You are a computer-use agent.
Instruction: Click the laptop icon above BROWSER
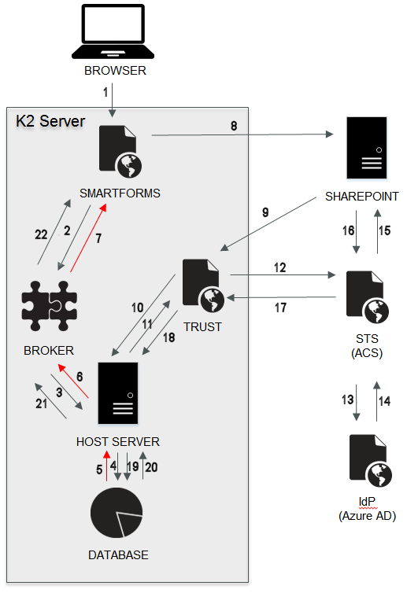pyautogui.click(x=113, y=31)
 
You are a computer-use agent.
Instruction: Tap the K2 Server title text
pyautogui.click(x=50, y=121)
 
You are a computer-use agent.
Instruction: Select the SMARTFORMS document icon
pyautogui.click(x=120, y=152)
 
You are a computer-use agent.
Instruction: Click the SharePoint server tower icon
pyautogui.click(x=367, y=148)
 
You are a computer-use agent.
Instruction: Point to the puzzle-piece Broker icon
pyautogui.click(x=50, y=306)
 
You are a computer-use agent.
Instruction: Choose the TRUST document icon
pyautogui.click(x=203, y=285)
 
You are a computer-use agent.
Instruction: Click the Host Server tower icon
pyautogui.click(x=118, y=393)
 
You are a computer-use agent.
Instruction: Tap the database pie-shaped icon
pyautogui.click(x=117, y=513)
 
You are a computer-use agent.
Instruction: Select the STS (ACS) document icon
pyautogui.click(x=368, y=296)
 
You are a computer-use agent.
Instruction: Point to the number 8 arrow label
pyautogui.click(x=234, y=126)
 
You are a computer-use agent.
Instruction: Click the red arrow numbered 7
pyautogui.click(x=88, y=238)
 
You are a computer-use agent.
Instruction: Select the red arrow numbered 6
pyautogui.click(x=73, y=381)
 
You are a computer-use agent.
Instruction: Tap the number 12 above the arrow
pyautogui.click(x=279, y=267)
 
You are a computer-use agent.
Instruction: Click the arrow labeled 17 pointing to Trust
pyautogui.click(x=281, y=297)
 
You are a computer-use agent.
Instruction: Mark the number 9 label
pyautogui.click(x=265, y=212)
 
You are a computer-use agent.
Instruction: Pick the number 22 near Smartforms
pyautogui.click(x=41, y=234)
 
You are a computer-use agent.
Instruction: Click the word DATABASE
pyautogui.click(x=119, y=554)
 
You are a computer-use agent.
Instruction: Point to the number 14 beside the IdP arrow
pyautogui.click(x=385, y=401)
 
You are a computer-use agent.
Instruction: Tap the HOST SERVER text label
pyautogui.click(x=118, y=442)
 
